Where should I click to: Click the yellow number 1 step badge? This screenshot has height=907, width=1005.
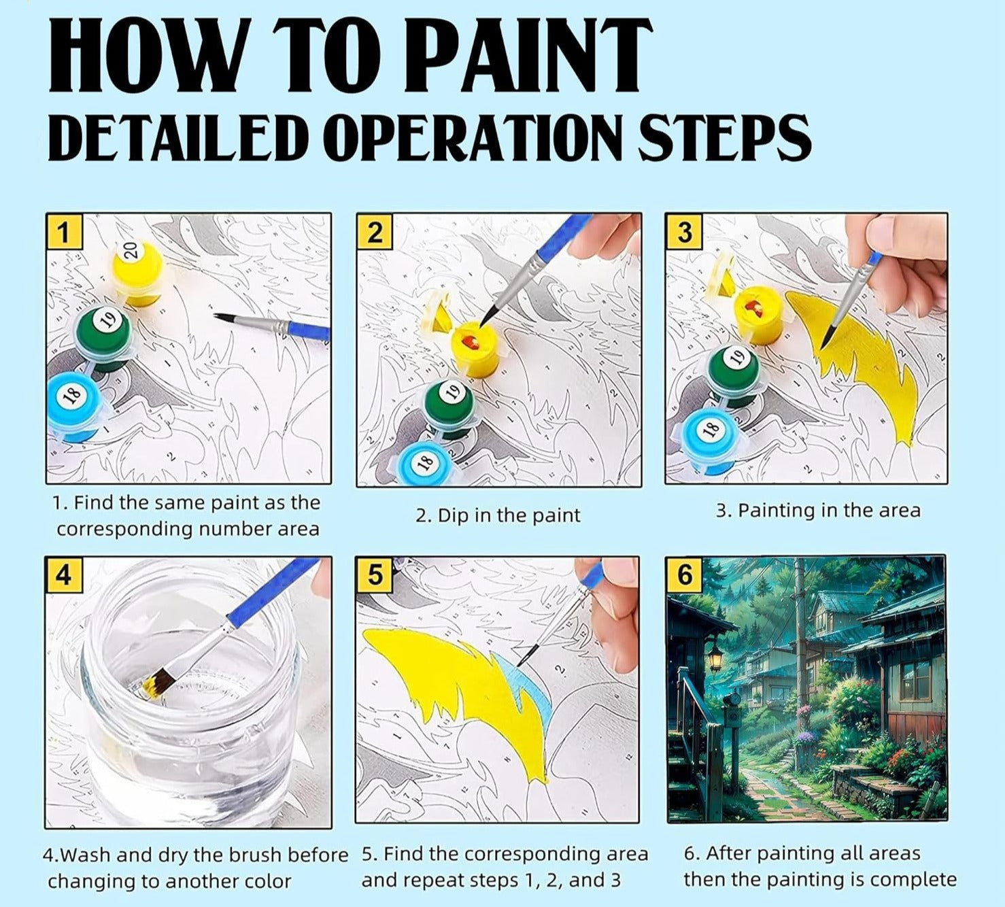[x=64, y=232]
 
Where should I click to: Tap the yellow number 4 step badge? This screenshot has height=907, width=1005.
[x=64, y=575]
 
